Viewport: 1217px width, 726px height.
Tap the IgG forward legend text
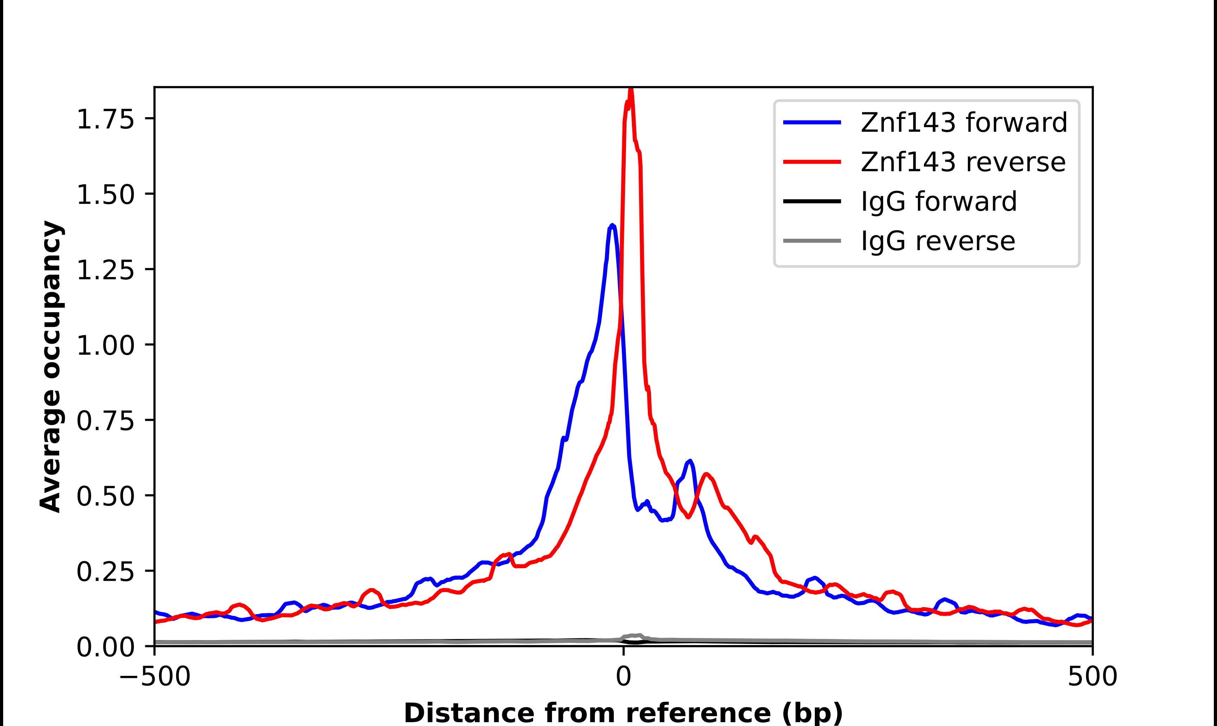939,202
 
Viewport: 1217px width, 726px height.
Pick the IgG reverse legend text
938,241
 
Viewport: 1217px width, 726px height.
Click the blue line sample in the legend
812,122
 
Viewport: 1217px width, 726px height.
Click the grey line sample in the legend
812,241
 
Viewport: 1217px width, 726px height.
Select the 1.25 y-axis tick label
105,270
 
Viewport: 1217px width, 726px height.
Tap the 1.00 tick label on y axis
105,345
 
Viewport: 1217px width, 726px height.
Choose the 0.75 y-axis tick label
105,421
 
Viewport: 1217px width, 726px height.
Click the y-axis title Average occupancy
51,367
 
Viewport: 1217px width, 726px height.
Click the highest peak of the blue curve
612,226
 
